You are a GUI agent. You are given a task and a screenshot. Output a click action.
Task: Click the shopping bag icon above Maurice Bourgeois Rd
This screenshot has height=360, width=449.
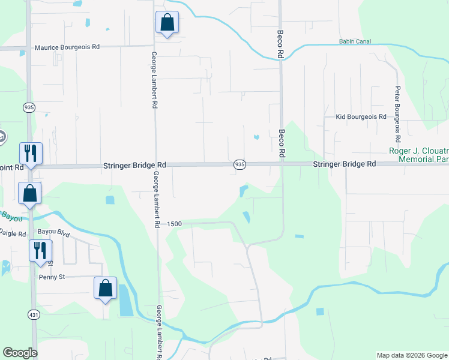167,23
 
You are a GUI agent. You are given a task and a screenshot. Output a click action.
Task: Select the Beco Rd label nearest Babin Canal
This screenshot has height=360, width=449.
280,44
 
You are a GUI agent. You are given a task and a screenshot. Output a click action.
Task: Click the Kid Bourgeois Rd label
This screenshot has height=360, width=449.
360,117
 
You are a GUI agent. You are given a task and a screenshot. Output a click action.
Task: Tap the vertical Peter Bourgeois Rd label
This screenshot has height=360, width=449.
397,94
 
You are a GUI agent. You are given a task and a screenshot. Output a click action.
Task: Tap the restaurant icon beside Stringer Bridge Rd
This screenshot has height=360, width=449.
31,154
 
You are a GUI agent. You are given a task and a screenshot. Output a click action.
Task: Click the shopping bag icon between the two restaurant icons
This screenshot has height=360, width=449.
29,194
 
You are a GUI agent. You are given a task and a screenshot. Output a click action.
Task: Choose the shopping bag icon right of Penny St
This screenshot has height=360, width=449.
106,288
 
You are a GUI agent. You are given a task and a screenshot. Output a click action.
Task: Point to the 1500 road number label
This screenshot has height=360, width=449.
175,223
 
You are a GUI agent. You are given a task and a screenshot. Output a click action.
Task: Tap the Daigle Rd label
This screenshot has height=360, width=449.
12,233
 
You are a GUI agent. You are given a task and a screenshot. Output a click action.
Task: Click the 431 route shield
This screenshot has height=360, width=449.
32,314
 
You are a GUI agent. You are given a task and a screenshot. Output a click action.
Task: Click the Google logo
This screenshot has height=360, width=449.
20,353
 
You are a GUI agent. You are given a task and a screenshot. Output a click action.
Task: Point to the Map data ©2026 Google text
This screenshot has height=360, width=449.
412,355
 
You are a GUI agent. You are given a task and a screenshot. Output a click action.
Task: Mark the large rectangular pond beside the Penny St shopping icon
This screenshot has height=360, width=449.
125,301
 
